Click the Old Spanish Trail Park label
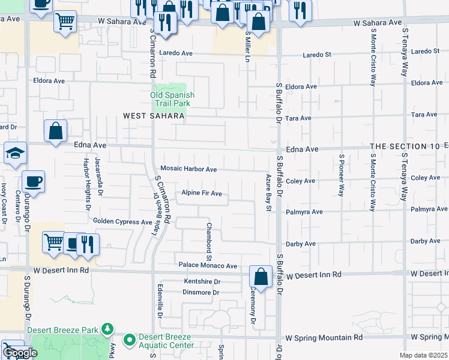tap(172, 99)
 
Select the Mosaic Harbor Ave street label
tap(188, 170)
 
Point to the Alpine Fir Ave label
tap(202, 194)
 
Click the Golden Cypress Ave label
tap(122, 221)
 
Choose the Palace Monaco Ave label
tap(208, 265)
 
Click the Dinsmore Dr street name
tap(201, 292)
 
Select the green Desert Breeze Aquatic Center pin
tap(129, 340)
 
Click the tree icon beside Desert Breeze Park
tap(107, 329)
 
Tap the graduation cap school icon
tap(15, 154)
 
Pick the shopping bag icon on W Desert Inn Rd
tap(261, 277)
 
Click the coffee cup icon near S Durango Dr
tap(33, 181)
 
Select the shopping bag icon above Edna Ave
tap(55, 131)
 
